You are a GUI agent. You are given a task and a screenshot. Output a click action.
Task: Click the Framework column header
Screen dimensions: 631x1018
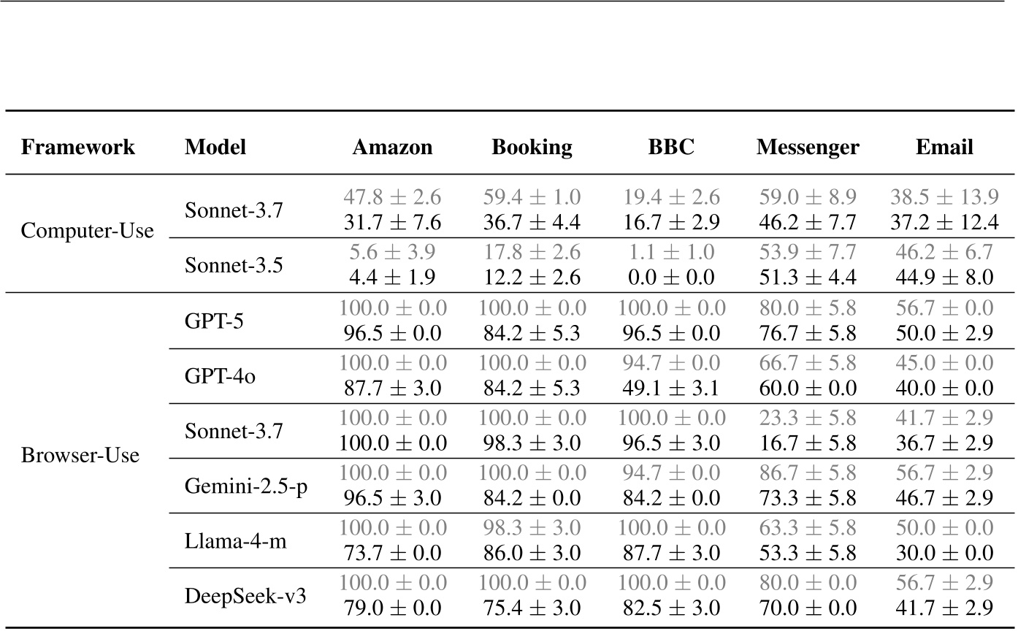click(x=77, y=148)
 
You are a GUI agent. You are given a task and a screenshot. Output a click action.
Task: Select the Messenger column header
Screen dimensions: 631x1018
click(x=808, y=148)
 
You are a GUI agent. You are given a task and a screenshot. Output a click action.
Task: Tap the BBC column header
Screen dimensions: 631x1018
click(x=671, y=148)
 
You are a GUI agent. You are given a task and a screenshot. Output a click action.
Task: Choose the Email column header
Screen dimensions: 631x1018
click(x=944, y=148)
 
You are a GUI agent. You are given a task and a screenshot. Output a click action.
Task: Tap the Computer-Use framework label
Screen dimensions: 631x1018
click(x=88, y=232)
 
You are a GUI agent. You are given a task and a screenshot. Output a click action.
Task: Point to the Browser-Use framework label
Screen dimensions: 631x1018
click(x=80, y=456)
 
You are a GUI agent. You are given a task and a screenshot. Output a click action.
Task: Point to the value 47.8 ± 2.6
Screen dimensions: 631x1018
click(x=392, y=197)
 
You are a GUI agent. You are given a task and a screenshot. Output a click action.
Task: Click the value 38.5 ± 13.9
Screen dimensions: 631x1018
click(x=944, y=197)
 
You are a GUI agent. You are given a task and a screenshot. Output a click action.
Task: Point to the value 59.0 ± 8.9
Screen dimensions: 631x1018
click(x=808, y=197)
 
